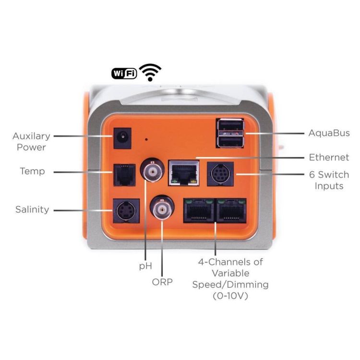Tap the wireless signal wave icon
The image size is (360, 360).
tap(150, 72)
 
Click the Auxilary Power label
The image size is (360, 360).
tap(31, 142)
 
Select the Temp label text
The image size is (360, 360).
tap(33, 171)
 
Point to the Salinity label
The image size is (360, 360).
tap(32, 210)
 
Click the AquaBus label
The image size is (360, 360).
tap(329, 133)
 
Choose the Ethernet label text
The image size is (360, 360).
tap(329, 157)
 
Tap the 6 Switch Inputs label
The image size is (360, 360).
tap(329, 180)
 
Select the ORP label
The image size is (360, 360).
tap(162, 282)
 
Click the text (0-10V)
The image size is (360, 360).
tap(230, 296)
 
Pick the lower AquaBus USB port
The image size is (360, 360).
tap(229, 141)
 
